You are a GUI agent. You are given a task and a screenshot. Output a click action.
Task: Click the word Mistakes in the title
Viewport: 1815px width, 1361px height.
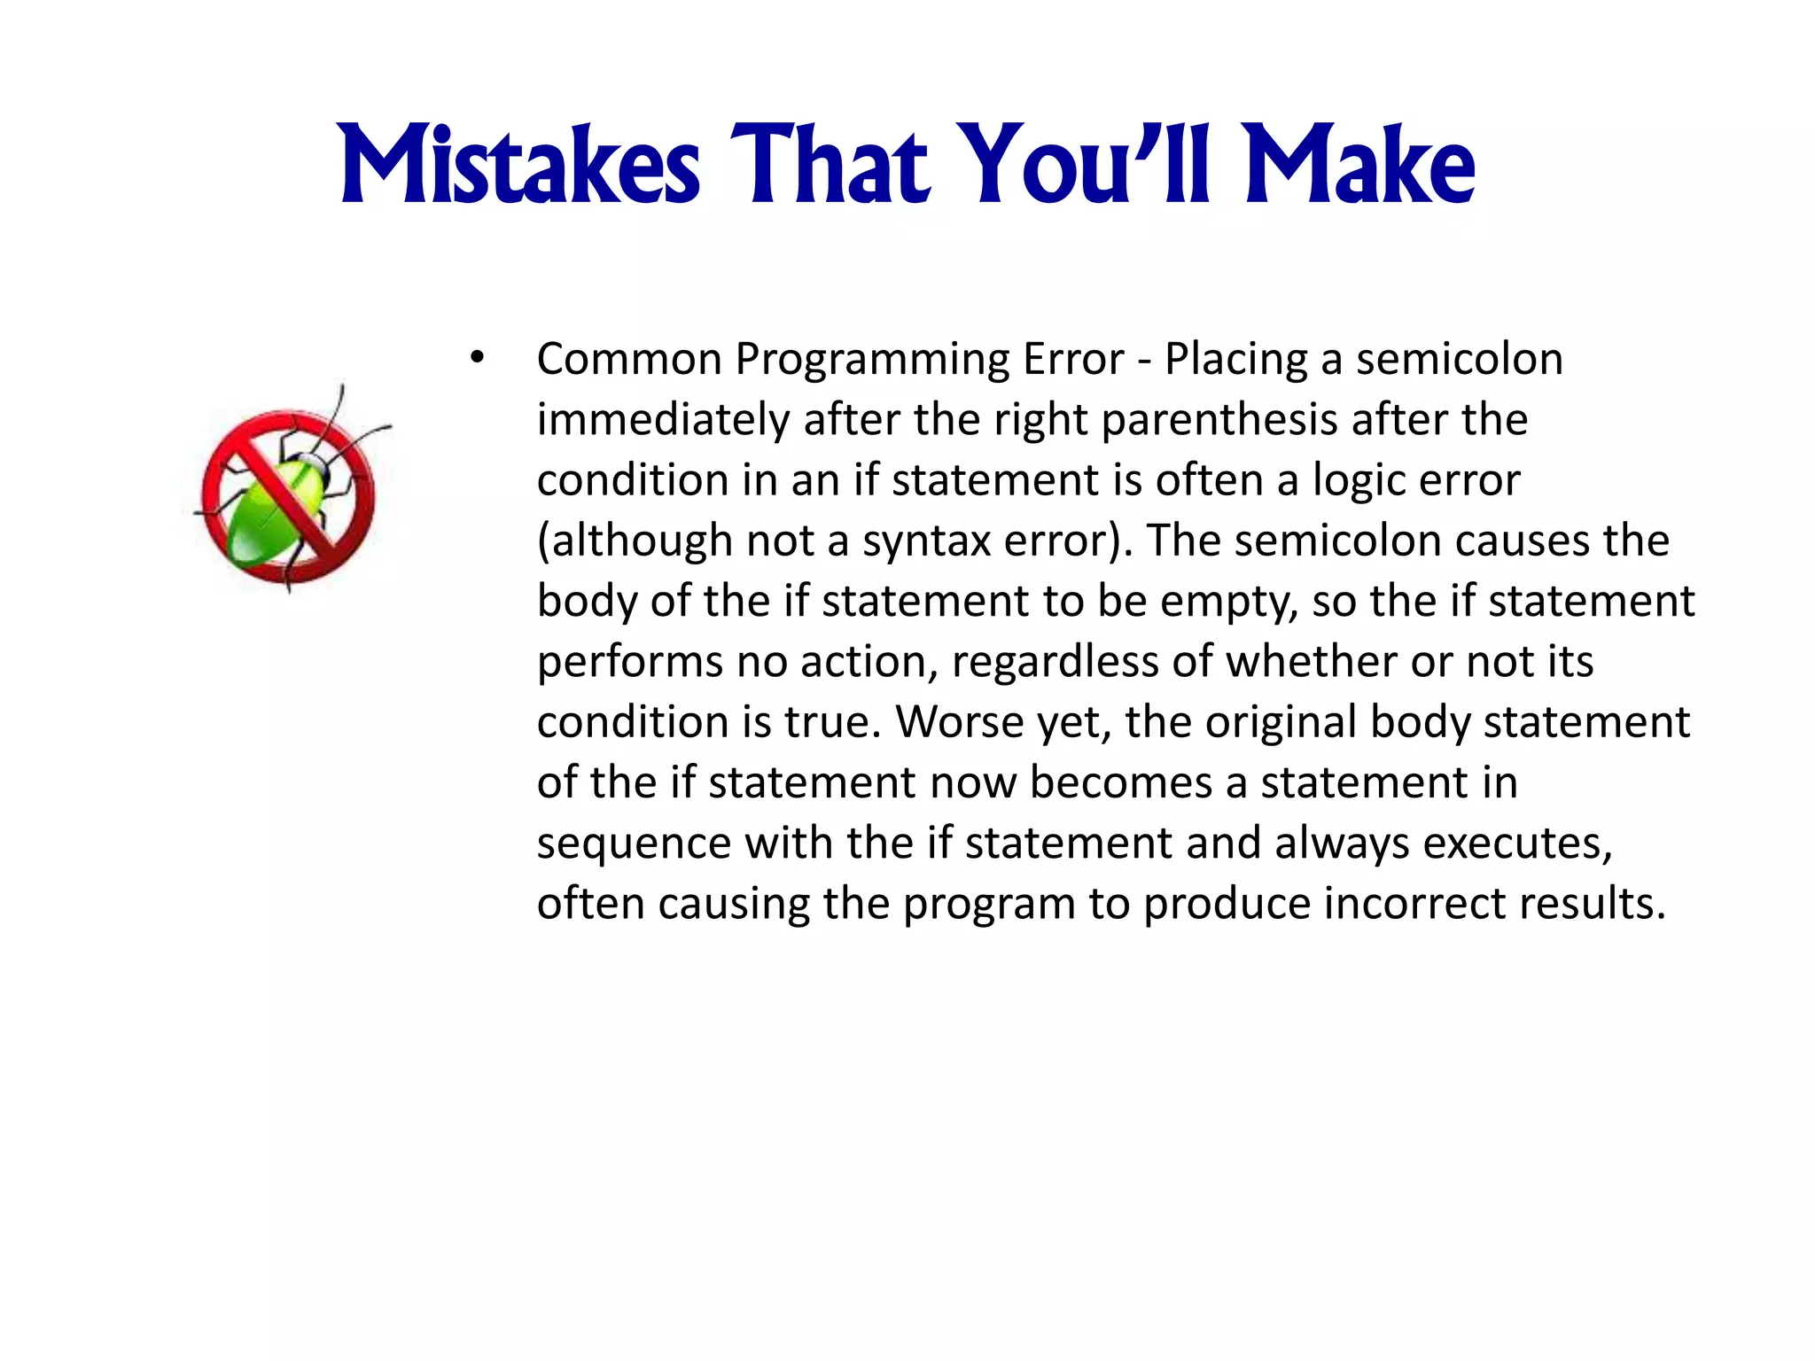coord(519,166)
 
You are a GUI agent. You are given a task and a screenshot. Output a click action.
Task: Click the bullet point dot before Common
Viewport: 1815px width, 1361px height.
coord(478,359)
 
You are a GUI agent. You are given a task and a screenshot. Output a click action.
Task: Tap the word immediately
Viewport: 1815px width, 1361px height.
coord(663,421)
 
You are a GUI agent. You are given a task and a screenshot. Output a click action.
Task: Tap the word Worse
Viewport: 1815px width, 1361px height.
coord(960,722)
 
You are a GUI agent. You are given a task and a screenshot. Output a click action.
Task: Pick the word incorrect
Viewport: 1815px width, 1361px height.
coord(1414,905)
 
